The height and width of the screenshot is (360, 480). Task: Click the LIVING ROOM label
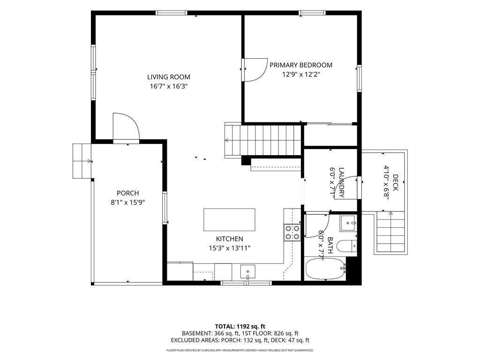coord(169,77)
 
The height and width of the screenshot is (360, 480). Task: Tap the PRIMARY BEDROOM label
coord(301,65)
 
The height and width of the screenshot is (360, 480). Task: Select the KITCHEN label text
coord(230,239)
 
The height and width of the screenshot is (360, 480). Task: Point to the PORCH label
coord(127,193)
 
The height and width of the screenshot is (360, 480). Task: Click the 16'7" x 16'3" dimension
coord(169,86)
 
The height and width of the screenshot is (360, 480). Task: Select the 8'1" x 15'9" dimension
coord(127,202)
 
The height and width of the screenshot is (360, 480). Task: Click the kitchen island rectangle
coord(229,220)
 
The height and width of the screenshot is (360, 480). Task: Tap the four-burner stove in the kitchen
coord(292,232)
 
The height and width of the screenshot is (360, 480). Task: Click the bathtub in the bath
coord(326,269)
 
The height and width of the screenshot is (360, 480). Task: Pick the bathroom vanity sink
coord(348,223)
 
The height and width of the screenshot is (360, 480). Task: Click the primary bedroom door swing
coord(254,70)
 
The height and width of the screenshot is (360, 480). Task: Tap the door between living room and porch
coord(126,127)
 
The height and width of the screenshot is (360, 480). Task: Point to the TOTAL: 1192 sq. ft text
coord(240,326)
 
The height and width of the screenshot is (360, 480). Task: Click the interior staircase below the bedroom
coord(264,141)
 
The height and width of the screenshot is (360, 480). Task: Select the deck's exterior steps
coord(390,232)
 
